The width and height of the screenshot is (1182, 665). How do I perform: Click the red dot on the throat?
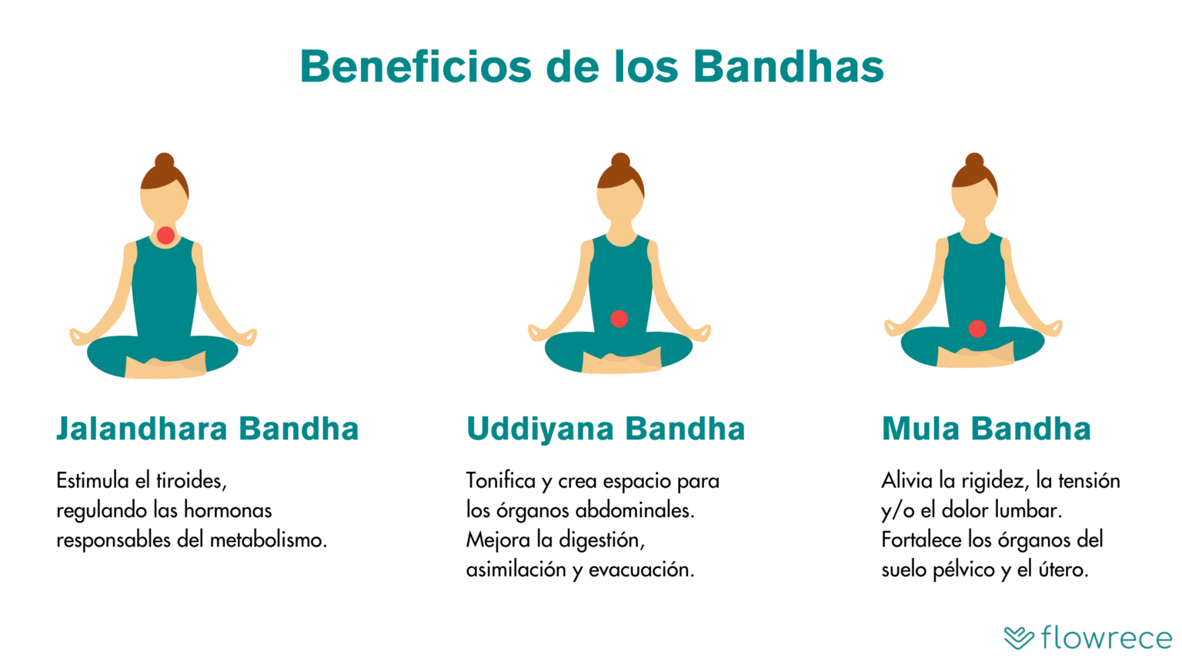165,235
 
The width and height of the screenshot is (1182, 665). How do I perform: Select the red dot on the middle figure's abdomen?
619,319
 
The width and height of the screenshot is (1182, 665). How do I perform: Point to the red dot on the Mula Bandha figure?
977,329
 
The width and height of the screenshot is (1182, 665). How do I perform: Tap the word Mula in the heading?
920,429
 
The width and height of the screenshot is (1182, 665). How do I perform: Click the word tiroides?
191,481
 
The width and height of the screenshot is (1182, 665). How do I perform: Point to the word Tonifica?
500,481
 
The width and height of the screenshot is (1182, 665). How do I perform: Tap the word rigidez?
993,481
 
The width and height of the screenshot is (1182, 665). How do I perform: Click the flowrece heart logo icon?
1019,637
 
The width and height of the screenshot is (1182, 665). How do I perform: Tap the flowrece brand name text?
1106,637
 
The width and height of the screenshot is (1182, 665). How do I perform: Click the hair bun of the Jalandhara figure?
164,161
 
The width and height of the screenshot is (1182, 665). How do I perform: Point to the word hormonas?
228,510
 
